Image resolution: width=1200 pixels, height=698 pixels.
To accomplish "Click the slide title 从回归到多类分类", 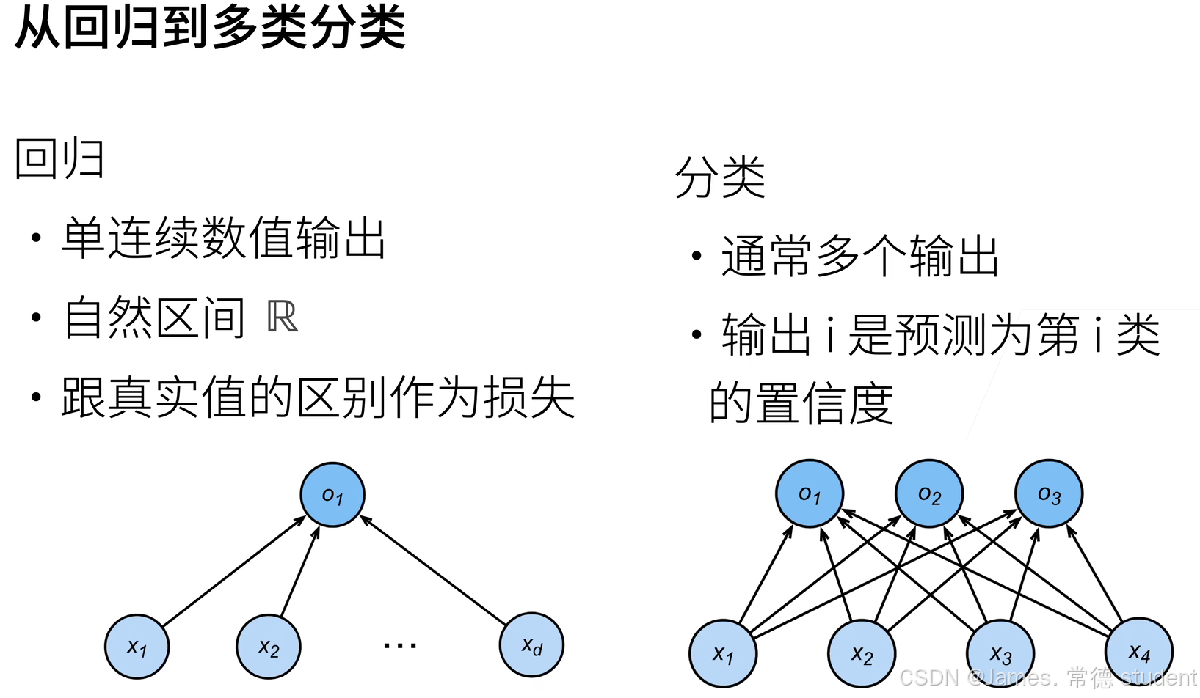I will click(x=210, y=28).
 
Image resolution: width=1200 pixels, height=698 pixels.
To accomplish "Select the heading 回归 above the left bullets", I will click(x=59, y=158).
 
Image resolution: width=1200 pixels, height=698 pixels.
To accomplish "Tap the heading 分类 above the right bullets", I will click(x=720, y=177).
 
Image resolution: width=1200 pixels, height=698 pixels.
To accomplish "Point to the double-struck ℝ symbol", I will click(x=283, y=317).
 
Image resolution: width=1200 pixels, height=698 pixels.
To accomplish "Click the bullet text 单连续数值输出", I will click(x=224, y=238).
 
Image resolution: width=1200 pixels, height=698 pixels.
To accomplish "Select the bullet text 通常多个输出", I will click(x=860, y=257).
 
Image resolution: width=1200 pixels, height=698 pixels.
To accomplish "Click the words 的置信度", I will click(x=801, y=403).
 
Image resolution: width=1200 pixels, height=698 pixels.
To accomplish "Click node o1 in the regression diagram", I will click(x=332, y=495).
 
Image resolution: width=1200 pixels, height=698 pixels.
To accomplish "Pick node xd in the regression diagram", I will click(x=531, y=645).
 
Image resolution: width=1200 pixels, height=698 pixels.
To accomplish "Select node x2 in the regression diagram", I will click(x=269, y=647).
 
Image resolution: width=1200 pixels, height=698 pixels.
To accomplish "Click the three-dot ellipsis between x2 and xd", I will click(x=400, y=646).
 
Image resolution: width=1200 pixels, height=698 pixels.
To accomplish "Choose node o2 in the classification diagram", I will click(x=929, y=494).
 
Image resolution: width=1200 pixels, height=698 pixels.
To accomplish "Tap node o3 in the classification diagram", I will click(x=1049, y=494).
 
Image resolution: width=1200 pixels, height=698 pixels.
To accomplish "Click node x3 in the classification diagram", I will click(x=1000, y=653).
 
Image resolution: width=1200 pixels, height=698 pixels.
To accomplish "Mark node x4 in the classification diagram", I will click(x=1138, y=650).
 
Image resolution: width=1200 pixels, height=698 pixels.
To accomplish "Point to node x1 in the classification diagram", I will click(x=723, y=653).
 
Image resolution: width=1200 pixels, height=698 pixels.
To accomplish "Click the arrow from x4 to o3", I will click(x=1094, y=573).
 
